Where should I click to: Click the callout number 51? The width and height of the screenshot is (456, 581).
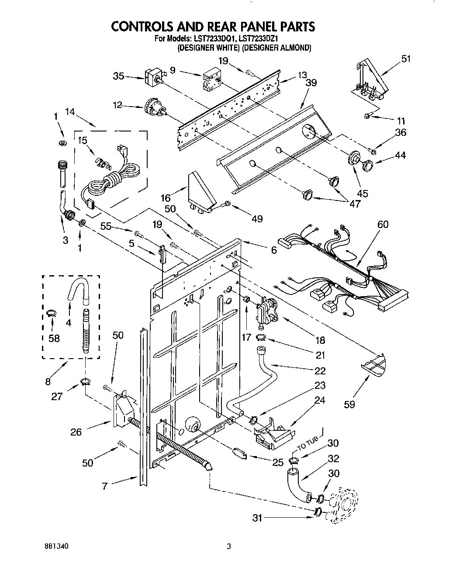click(406, 59)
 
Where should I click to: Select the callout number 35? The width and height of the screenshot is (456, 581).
click(118, 77)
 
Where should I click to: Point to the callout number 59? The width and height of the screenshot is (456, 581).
click(349, 404)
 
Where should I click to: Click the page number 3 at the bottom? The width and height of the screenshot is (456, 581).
click(228, 546)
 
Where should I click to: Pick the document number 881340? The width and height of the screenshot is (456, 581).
click(56, 546)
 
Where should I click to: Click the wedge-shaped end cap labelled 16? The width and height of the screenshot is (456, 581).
click(200, 192)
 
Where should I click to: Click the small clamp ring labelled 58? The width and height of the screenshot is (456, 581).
click(52, 312)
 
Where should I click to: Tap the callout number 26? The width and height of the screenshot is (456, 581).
click(76, 432)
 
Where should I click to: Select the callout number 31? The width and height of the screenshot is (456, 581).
click(257, 518)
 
